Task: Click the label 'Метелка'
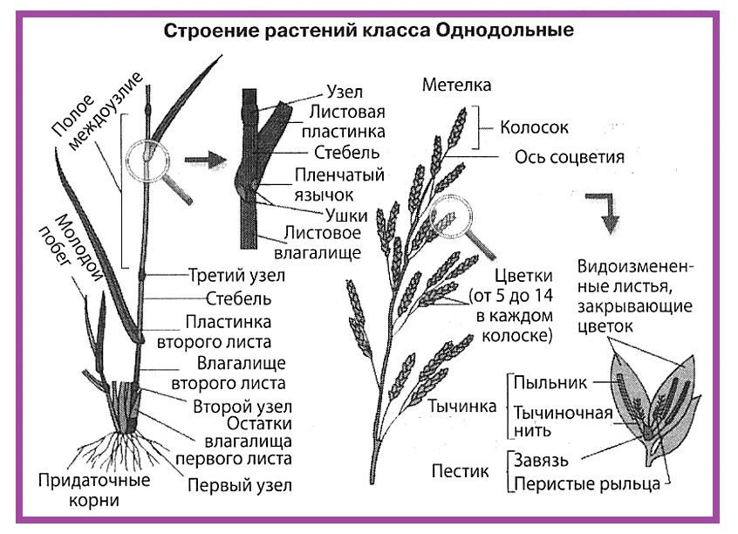[x=456, y=85]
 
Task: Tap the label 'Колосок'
[x=534, y=127]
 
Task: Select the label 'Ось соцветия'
[x=570, y=157]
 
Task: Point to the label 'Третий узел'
[x=236, y=276]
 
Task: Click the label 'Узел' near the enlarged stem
[x=345, y=92]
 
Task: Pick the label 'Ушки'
[x=346, y=216]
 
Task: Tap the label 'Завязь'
[x=541, y=460]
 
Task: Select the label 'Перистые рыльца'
[x=587, y=483]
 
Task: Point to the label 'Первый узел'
[x=240, y=485]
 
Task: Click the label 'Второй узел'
[x=243, y=407]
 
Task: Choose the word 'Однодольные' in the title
[x=504, y=31]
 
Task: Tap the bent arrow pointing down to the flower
[x=604, y=213]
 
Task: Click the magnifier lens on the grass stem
[x=147, y=161]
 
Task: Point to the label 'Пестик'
[x=460, y=471]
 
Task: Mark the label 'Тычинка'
[x=461, y=407]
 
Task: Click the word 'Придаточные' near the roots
[x=94, y=480]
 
